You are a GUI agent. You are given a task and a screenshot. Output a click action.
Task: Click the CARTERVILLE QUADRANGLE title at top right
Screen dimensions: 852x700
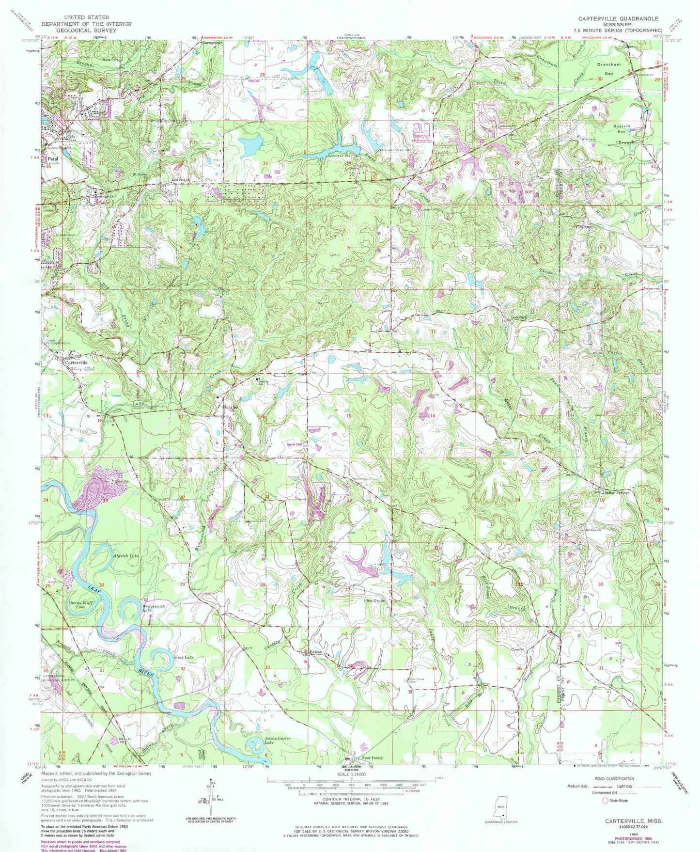[x=618, y=18]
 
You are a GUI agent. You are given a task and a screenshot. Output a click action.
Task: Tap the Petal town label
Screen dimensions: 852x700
[x=52, y=158]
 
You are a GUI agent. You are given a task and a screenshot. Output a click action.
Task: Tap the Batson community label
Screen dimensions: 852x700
[x=316, y=652]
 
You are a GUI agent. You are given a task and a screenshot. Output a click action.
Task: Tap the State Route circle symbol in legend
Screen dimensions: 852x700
[x=604, y=801]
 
